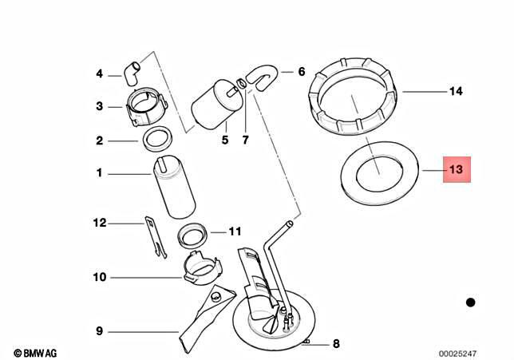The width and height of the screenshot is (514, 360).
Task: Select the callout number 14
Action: [x=456, y=92]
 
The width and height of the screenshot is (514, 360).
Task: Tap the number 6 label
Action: [x=302, y=72]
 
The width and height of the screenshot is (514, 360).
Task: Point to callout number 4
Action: [x=100, y=74]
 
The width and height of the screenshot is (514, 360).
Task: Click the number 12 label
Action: [x=100, y=224]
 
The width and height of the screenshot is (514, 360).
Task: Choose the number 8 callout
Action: [x=336, y=344]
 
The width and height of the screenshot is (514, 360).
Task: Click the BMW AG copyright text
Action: [x=35, y=352]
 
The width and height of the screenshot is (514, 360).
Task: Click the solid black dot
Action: [x=470, y=302]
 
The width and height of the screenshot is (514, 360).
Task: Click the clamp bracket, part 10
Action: [x=200, y=269]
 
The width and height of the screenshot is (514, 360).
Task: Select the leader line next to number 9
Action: [x=144, y=331]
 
